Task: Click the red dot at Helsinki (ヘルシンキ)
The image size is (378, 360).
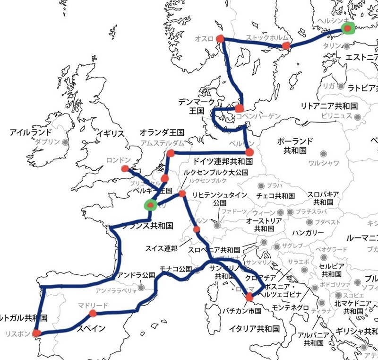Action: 348,29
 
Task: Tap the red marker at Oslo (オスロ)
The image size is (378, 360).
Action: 220,39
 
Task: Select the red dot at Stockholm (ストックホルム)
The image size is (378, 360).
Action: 285,45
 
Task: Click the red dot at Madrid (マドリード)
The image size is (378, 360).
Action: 93,313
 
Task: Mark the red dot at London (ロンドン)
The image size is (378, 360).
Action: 125,168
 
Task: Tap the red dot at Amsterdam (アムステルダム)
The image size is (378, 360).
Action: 170,153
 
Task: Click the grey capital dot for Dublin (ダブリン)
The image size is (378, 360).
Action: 65,141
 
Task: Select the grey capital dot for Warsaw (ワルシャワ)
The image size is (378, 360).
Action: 324,154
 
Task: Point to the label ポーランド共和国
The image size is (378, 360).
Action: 295,146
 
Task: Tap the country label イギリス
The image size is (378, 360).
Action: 110,134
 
